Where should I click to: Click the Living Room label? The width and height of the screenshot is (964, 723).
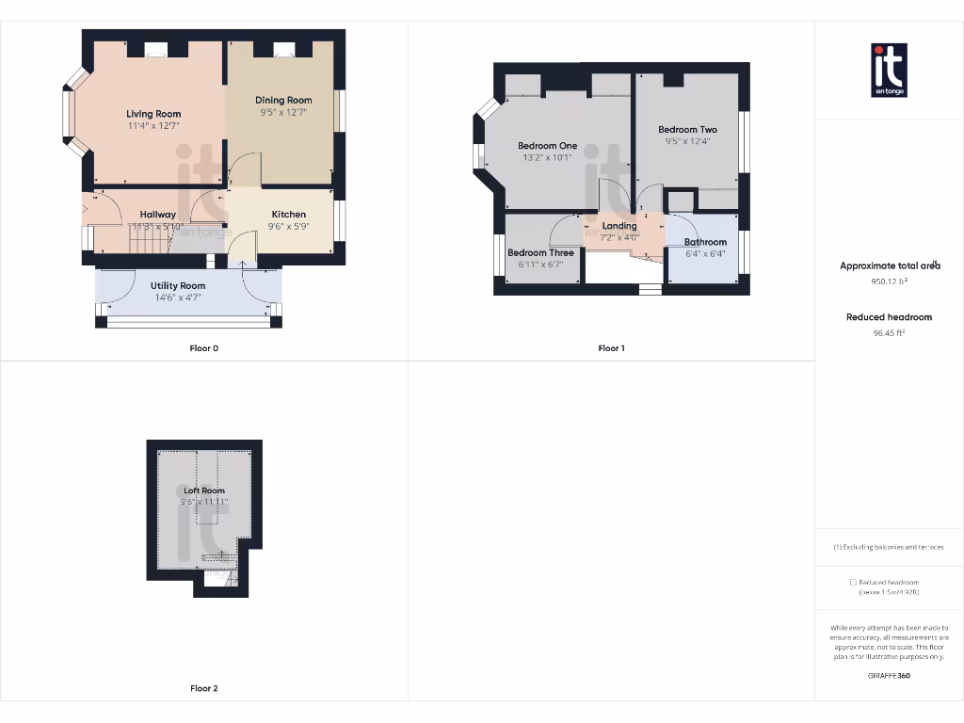coord(153,114)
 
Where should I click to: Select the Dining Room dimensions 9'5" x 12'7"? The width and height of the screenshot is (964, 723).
coord(283,112)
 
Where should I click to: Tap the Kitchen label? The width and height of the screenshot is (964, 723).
coord(289,215)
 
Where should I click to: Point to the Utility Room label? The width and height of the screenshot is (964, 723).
coord(178,285)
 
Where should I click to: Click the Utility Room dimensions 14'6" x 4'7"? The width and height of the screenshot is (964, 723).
coord(178,297)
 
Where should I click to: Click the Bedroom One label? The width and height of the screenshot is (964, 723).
coord(547,146)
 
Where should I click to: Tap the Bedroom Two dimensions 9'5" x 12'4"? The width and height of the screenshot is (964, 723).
coord(687,142)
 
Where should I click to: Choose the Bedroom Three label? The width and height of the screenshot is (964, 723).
coord(540,253)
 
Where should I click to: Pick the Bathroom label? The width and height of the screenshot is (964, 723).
coord(705,242)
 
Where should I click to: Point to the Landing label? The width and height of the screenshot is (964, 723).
coord(619,226)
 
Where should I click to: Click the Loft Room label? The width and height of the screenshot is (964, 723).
coord(204,490)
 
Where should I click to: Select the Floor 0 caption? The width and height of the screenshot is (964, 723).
coord(204,348)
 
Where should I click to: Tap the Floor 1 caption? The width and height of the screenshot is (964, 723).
coord(611,348)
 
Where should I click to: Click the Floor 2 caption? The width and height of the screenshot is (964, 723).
coord(204,688)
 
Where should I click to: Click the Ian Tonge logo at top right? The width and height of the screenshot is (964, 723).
coord(890,70)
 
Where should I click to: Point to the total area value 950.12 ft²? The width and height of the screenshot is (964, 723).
coord(889,281)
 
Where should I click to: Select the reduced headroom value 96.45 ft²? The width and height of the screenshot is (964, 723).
coord(889,332)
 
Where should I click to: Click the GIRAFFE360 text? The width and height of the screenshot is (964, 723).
coord(889,675)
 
